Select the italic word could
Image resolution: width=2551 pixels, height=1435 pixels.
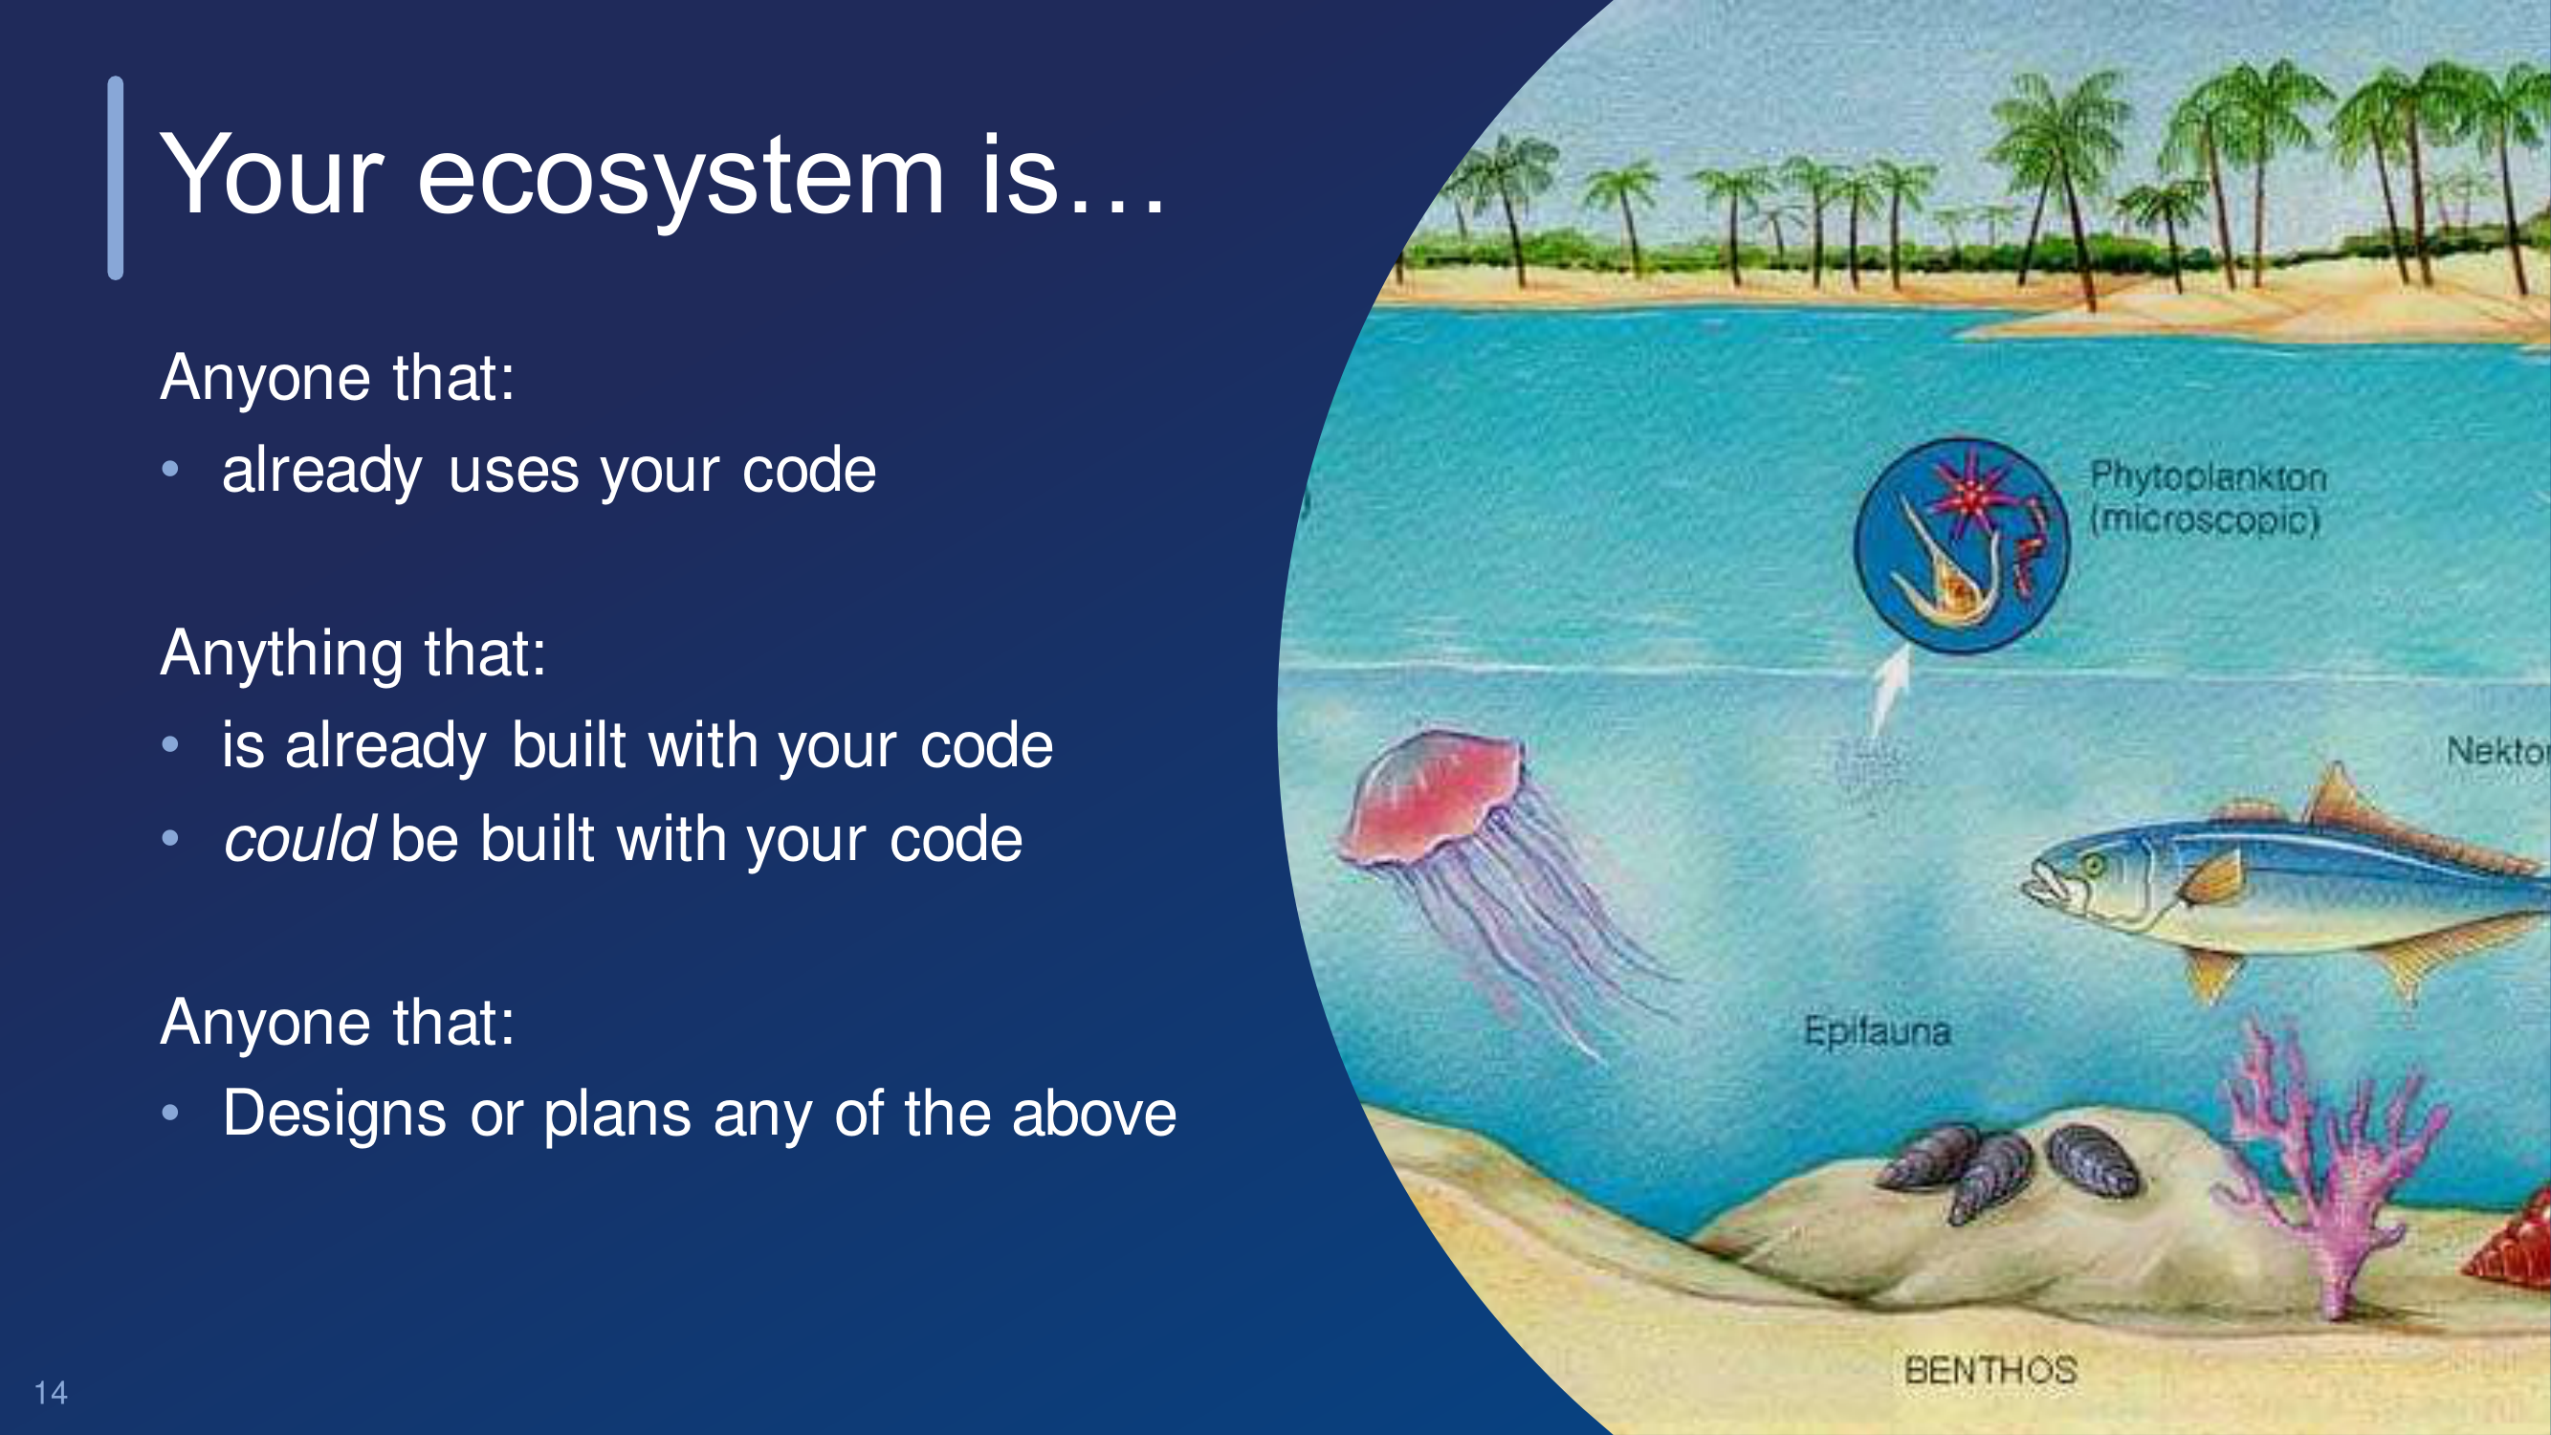[x=298, y=839]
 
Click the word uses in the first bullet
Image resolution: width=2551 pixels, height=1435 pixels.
[x=513, y=472]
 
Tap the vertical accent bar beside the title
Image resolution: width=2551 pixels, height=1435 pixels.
[x=116, y=178]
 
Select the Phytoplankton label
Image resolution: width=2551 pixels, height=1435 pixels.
[x=2208, y=476]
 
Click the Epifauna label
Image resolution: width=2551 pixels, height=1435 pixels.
[x=1877, y=1032]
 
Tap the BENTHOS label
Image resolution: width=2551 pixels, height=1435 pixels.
[x=1990, y=1371]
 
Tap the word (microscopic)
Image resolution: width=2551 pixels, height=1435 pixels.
[x=2205, y=519]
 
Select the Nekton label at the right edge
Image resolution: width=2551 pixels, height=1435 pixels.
[x=2498, y=751]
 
